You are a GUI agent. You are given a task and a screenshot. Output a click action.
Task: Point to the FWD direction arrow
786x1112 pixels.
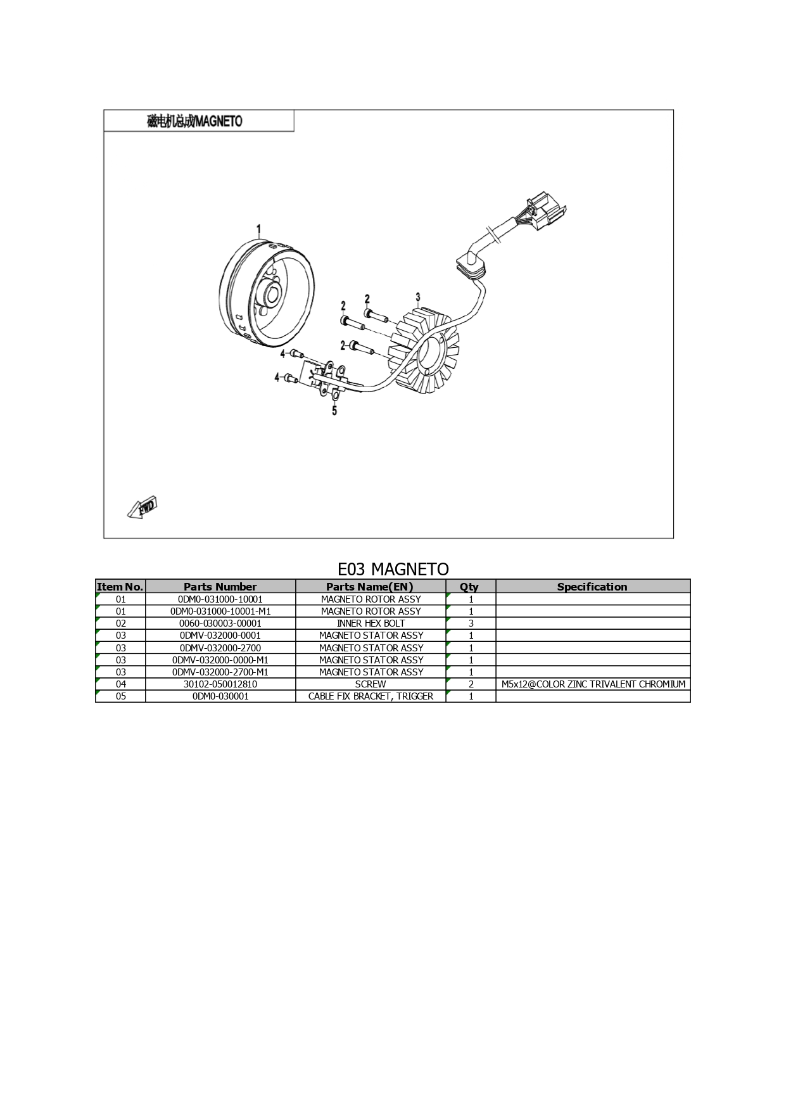pyautogui.click(x=142, y=508)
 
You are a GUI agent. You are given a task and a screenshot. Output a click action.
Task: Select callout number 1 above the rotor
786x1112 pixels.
pyautogui.click(x=258, y=229)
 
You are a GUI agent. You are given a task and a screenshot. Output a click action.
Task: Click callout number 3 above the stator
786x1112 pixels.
pyautogui.click(x=418, y=297)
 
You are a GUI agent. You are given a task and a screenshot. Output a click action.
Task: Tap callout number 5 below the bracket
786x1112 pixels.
pyautogui.click(x=334, y=411)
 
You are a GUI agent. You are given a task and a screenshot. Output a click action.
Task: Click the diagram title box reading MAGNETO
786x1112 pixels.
pyautogui.click(x=199, y=120)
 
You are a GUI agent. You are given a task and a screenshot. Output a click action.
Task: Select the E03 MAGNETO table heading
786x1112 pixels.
pyautogui.click(x=393, y=569)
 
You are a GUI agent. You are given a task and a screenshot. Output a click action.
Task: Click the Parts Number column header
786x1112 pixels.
pyautogui.click(x=220, y=587)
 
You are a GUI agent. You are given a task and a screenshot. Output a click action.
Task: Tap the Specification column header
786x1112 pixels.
pyautogui.click(x=592, y=587)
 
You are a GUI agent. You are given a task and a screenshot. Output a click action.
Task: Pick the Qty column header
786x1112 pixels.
pyautogui.click(x=470, y=587)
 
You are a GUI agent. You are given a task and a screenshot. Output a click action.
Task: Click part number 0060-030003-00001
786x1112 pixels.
pyautogui.click(x=220, y=623)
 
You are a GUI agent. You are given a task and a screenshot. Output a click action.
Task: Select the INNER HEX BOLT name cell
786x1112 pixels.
pyautogui.click(x=371, y=623)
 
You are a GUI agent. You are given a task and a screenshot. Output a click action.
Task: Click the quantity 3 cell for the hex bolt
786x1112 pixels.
pyautogui.click(x=471, y=623)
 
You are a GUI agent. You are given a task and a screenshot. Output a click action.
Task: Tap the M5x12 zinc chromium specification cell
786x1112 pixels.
pyautogui.click(x=593, y=684)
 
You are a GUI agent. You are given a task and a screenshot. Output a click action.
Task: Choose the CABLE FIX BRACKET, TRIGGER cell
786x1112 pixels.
pyautogui.click(x=371, y=696)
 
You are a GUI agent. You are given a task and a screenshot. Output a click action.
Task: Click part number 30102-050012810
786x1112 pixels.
pyautogui.click(x=220, y=684)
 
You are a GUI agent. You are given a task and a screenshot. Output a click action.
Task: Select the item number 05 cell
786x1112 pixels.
pyautogui.click(x=120, y=696)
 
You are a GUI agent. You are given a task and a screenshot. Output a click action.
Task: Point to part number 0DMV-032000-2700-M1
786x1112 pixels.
pyautogui.click(x=220, y=672)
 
